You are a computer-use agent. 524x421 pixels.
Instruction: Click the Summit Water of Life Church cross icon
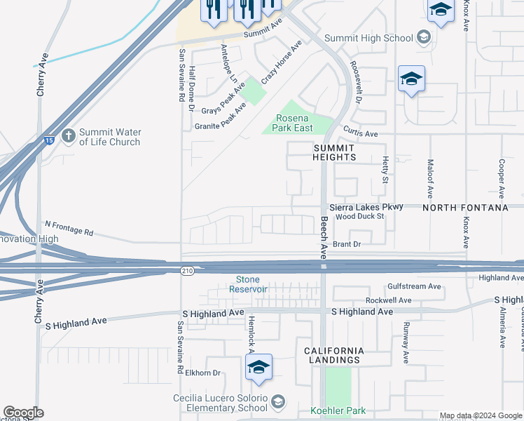[x=68, y=135]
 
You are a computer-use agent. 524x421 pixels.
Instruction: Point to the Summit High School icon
[x=423, y=36]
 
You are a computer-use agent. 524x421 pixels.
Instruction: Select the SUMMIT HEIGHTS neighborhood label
[x=334, y=152]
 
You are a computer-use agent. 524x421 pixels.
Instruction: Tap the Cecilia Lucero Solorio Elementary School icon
[x=278, y=401]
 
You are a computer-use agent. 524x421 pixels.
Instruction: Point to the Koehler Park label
[x=338, y=410]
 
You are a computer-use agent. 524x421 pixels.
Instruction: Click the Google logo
[x=23, y=413]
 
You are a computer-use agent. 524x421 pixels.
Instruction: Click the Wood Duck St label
[x=359, y=217]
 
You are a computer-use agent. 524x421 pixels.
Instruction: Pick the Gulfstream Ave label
[x=415, y=287]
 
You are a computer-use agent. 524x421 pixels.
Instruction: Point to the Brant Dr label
[x=346, y=244]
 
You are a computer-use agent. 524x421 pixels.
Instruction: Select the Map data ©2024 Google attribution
[x=481, y=415]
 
